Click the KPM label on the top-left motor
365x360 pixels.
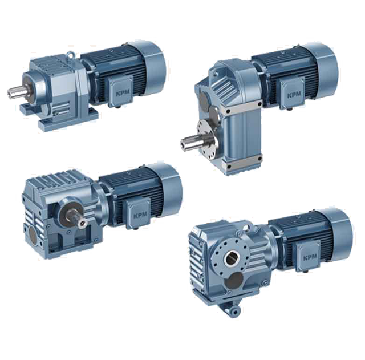pyautogui.click(x=121, y=94)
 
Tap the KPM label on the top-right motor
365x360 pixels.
pyautogui.click(x=294, y=95)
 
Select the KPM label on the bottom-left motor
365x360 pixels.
pyautogui.click(x=140, y=216)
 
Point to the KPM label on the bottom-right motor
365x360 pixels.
pyautogui.click(x=310, y=257)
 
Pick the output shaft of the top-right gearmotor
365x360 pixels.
pyautogui.click(x=190, y=142)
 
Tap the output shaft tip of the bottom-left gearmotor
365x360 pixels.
pyautogui.click(x=82, y=223)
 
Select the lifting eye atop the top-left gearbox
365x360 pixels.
pyautogui.click(x=70, y=54)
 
